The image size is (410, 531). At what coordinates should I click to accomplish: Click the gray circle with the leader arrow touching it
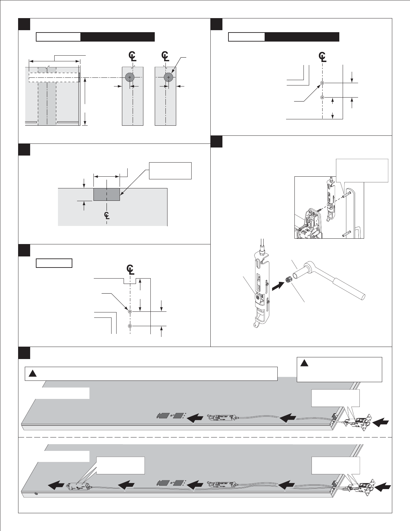pos(168,77)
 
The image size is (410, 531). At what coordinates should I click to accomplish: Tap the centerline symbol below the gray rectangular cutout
pos(107,215)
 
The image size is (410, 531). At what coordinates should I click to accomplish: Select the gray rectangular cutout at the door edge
pos(107,194)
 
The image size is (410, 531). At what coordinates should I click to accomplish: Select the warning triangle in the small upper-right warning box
pos(304,363)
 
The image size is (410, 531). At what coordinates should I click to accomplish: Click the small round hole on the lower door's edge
pos(36,493)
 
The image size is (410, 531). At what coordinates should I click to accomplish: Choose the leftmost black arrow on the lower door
pos(56,485)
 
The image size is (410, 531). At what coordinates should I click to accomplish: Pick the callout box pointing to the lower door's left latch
pos(120,465)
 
